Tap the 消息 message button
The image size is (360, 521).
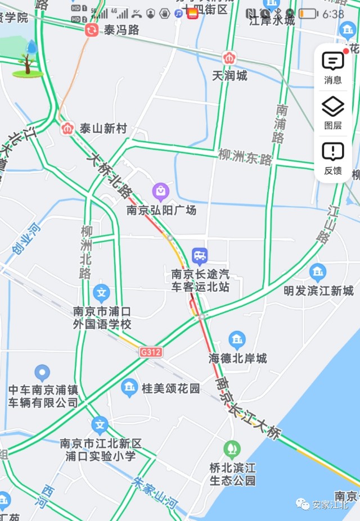(x=333, y=66)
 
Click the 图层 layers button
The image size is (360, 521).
(x=333, y=111)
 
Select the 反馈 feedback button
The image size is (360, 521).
(x=333, y=157)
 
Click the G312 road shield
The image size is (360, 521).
(x=151, y=352)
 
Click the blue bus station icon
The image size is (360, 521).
(x=200, y=257)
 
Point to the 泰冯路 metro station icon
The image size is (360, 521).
(x=91, y=30)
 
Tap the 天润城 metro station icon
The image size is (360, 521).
(x=229, y=58)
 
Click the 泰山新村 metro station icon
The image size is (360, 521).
(x=67, y=129)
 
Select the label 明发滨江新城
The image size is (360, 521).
(x=318, y=291)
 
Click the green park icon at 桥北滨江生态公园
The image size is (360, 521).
(x=232, y=448)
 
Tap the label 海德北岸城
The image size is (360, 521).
(x=238, y=358)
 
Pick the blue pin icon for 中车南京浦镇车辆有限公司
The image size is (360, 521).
(x=42, y=372)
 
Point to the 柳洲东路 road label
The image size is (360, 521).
(x=245, y=157)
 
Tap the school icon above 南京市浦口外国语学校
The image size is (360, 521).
(x=101, y=292)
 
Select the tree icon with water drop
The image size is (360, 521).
(x=28, y=58)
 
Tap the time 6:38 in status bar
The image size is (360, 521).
(x=333, y=14)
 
